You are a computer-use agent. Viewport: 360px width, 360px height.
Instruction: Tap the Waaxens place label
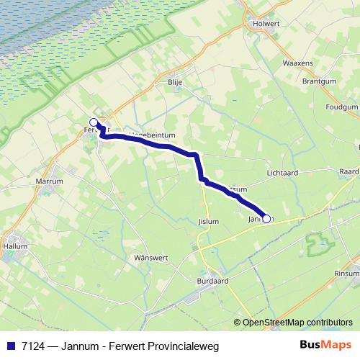[x=297, y=63]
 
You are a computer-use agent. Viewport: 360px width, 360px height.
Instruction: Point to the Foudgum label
[x=342, y=107]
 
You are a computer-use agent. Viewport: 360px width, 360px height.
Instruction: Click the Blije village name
[x=175, y=83]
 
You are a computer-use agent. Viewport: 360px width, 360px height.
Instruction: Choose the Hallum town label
[x=16, y=246]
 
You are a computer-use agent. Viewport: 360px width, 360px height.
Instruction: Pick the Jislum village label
[x=207, y=222]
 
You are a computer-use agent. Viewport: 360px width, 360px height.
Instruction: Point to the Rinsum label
[x=346, y=273]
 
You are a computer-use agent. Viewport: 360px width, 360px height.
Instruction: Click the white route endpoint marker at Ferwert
[x=94, y=122]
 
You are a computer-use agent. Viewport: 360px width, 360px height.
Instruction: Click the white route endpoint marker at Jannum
[x=266, y=219]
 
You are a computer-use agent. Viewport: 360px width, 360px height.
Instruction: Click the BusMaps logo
[x=325, y=345]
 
